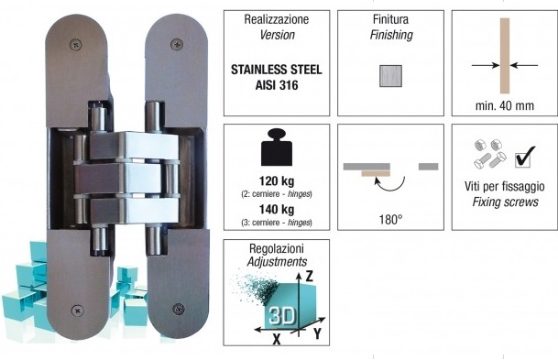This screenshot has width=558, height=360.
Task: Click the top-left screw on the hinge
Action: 75,45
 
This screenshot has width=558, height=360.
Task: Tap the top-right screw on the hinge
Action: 177,45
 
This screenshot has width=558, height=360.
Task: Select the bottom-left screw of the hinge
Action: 77,311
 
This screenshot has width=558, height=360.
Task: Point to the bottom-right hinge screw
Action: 179,309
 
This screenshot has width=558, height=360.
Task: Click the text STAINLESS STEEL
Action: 277,70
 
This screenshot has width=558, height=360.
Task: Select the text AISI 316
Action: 277,85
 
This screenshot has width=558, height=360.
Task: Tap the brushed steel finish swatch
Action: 390,76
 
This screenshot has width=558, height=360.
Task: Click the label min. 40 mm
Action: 505,105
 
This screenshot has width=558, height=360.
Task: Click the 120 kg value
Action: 277,181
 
